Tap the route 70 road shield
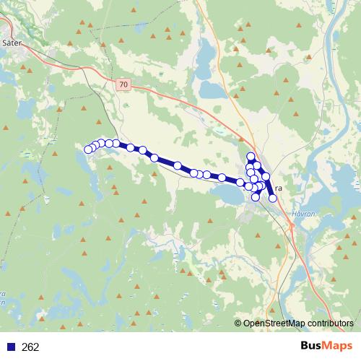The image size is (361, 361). [x=124, y=84]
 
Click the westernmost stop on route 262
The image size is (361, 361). [x=88, y=149]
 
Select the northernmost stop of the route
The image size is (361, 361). [x=251, y=157]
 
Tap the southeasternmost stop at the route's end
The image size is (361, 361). [x=272, y=198]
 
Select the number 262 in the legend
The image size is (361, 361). [x=30, y=347]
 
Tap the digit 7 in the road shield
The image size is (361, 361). [x=122, y=84]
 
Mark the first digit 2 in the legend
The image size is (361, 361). [x=25, y=347]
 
